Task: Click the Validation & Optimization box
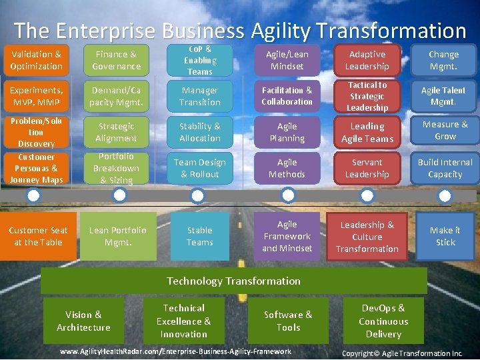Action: (37, 60)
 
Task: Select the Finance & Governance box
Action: (117, 60)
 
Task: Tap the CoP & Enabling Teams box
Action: (199, 60)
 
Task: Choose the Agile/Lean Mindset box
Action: (287, 60)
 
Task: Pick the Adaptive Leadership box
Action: (367, 60)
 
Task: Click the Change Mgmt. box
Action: (444, 60)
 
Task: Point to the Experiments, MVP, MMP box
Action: (37, 96)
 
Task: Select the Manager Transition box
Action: (199, 96)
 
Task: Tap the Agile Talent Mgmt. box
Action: (444, 96)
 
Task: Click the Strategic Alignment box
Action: (117, 132)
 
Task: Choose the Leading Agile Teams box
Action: (367, 132)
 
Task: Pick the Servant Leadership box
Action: (367, 168)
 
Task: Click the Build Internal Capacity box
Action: (444, 168)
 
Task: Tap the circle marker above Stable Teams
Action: (197, 195)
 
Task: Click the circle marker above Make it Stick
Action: (445, 195)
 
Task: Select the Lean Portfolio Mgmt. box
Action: (118, 236)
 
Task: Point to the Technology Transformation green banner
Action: (233, 281)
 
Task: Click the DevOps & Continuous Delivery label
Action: (383, 321)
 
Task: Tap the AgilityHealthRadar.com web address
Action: (175, 351)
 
